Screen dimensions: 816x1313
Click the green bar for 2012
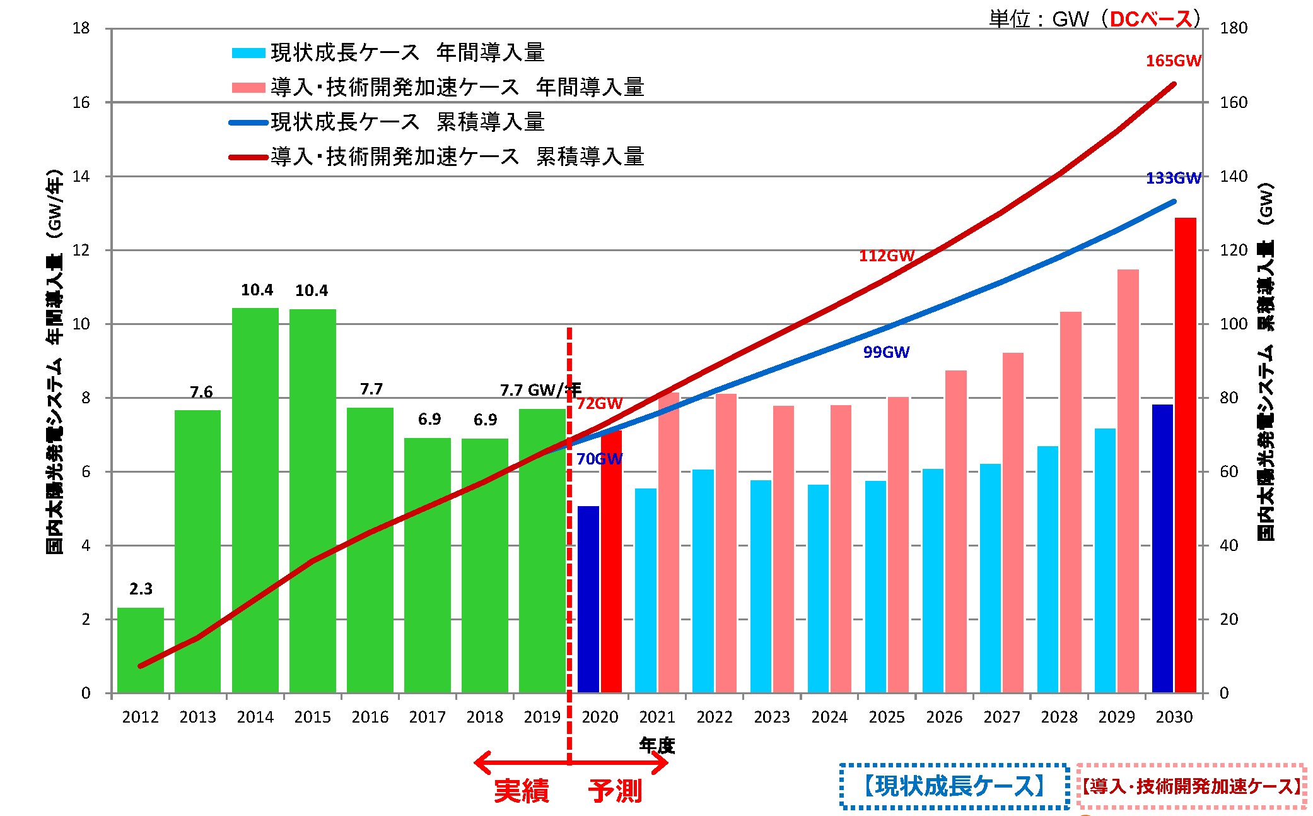[x=140, y=650]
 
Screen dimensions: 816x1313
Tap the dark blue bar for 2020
[x=588, y=599]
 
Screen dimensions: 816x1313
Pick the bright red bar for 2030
[x=1185, y=454]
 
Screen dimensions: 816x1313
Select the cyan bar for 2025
[x=875, y=586]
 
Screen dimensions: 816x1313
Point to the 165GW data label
[x=1173, y=61]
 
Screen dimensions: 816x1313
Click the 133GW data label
[x=1173, y=179]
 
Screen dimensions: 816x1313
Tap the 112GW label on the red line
[x=886, y=256]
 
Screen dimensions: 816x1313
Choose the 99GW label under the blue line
[x=886, y=352]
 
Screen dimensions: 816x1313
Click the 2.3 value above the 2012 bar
[x=141, y=589]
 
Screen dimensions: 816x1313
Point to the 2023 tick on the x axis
[x=771, y=718]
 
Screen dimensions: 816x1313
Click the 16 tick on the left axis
[x=81, y=102]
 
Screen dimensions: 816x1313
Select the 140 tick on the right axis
[x=1233, y=177]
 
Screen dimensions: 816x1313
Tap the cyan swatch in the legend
[x=248, y=53]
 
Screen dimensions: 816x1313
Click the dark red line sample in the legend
[x=248, y=157]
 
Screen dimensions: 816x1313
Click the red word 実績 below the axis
[x=521, y=791]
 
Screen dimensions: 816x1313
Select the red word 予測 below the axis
[x=615, y=791]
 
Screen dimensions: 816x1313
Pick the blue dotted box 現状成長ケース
[x=954, y=786]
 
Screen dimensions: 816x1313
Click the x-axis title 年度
[x=657, y=745]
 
